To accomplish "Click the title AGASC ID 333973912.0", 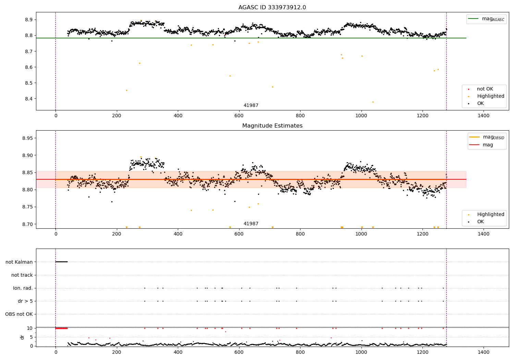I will pyautogui.click(x=272, y=8).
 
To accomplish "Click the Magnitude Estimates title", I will pyautogui.click(x=272, y=126).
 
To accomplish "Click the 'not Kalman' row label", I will pyautogui.click(x=19, y=262).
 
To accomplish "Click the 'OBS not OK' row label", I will pyautogui.click(x=19, y=314).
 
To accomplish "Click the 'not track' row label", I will pyautogui.click(x=22, y=275).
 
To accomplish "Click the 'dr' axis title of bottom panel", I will pyautogui.click(x=22, y=337).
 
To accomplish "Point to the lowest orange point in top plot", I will pyautogui.click(x=373, y=102).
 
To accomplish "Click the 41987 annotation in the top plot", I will pyautogui.click(x=251, y=106).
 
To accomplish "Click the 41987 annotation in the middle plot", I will pyautogui.click(x=251, y=224).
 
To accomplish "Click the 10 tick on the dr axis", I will pyautogui.click(x=30, y=328).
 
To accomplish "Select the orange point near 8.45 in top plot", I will pyautogui.click(x=126, y=91).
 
